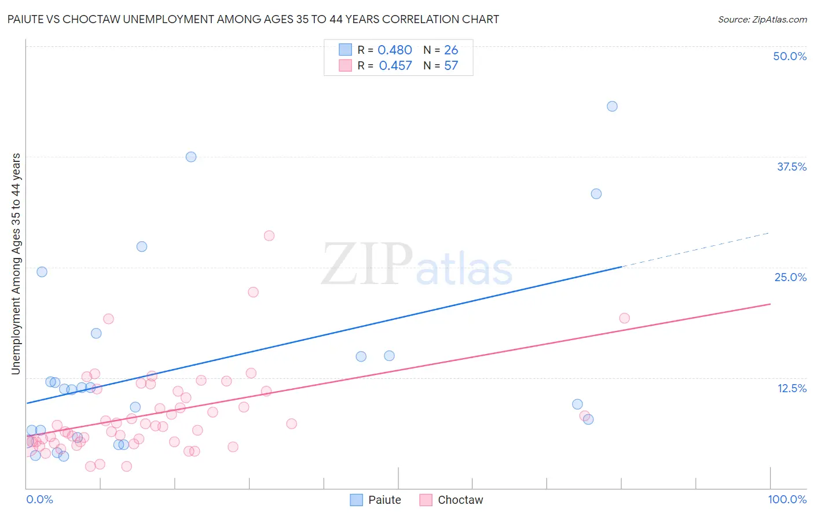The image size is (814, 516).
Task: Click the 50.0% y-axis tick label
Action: pyautogui.click(x=790, y=56)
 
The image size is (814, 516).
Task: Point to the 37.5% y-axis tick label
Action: pyautogui.click(x=791, y=167)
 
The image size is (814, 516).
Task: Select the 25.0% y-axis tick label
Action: pyautogui.click(x=790, y=277)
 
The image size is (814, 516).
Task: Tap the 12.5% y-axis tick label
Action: pyautogui.click(x=791, y=388)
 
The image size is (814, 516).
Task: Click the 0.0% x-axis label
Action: pyautogui.click(x=39, y=499)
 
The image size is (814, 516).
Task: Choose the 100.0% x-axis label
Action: pyautogui.click(x=787, y=499)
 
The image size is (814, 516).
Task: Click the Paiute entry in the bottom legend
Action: pyautogui.click(x=376, y=500)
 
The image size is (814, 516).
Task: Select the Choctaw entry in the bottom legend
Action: pyautogui.click(x=451, y=500)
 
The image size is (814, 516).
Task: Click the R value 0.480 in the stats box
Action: pyautogui.click(x=395, y=50)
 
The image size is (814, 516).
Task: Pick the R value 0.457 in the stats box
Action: pyautogui.click(x=395, y=66)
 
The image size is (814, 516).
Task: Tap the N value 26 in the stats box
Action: pyautogui.click(x=451, y=50)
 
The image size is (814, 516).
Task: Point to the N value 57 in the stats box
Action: pyautogui.click(x=451, y=66)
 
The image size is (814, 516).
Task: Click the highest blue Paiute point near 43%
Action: pyautogui.click(x=612, y=106)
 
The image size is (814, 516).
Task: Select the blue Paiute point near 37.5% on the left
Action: pyautogui.click(x=191, y=157)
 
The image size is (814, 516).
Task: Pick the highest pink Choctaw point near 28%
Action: pyautogui.click(x=269, y=235)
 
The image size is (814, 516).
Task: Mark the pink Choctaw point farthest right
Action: pyautogui.click(x=624, y=318)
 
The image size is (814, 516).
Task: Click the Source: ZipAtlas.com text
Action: pyautogui.click(x=762, y=20)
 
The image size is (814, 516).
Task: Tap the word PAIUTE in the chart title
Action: pyautogui.click(x=27, y=20)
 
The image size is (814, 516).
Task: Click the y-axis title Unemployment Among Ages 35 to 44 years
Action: pyautogui.click(x=16, y=264)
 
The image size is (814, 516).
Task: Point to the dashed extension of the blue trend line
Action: pyautogui.click(x=695, y=249)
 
